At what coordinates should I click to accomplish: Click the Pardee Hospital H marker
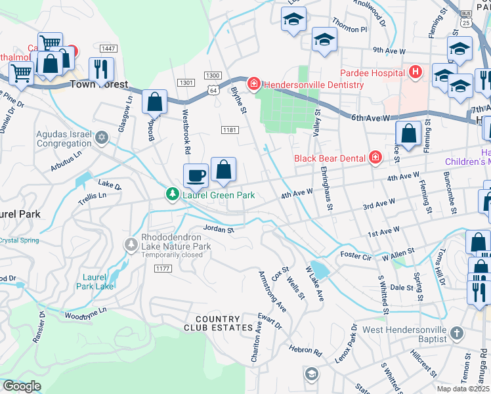pos(415,72)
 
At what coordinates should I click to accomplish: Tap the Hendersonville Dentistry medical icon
pos(253,85)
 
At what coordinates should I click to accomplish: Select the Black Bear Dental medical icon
pos(375,158)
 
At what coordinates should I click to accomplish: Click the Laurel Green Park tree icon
pos(172,195)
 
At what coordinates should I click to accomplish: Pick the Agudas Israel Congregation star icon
pos(101,138)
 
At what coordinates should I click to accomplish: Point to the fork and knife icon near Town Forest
pos(101,69)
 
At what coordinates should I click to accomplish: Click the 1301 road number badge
pos(186,82)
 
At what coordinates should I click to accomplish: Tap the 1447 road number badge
pos(109,49)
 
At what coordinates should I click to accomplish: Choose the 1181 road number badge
pos(228,131)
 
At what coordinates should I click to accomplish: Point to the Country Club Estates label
pos(219,323)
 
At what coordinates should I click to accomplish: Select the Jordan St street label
pos(219,230)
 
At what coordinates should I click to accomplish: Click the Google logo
pos(22,386)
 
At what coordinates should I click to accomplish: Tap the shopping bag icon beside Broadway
pos(154,102)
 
